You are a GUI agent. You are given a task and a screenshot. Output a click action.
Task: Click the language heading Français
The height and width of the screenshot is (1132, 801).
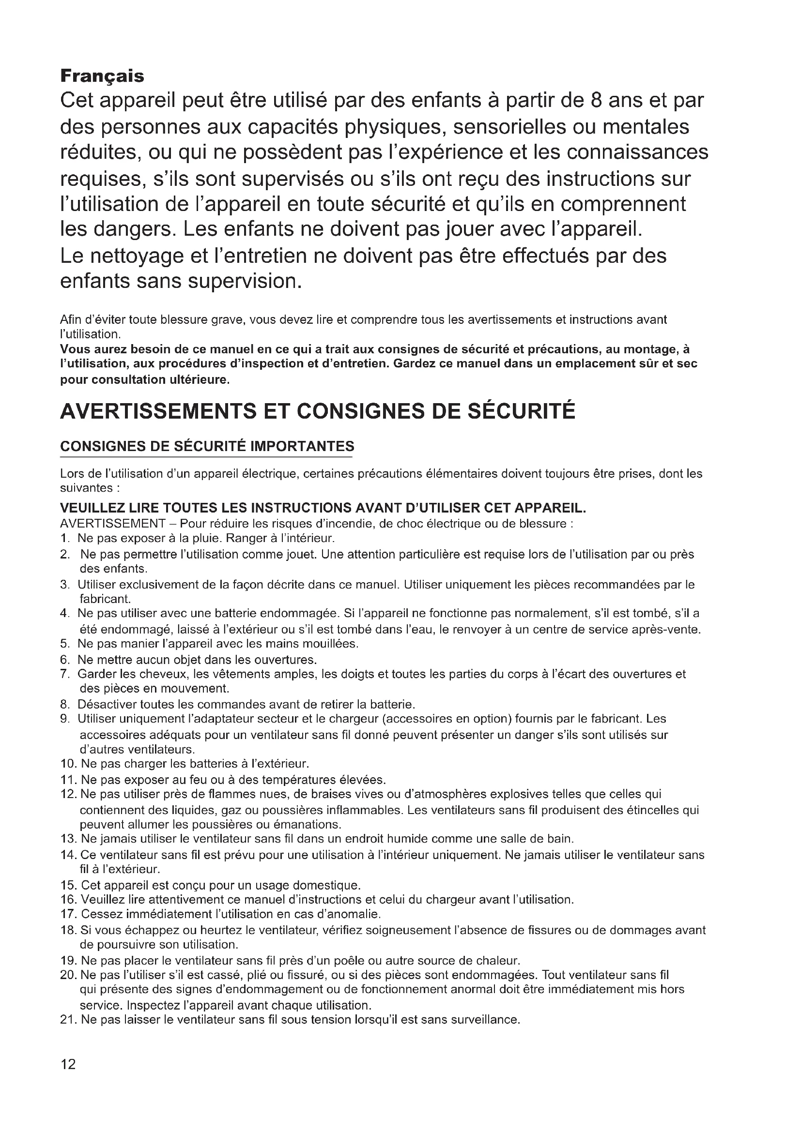pos(102,76)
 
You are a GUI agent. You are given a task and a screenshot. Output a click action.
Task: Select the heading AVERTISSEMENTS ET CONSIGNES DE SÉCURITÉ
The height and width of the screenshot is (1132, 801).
pos(318,411)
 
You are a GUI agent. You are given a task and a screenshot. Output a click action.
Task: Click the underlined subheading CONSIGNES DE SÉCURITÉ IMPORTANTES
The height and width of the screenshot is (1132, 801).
pos(207,446)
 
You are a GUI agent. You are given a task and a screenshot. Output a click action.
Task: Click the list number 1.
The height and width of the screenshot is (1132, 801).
pos(64,538)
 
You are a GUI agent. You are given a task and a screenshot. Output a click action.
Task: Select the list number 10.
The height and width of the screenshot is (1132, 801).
pos(68,764)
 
